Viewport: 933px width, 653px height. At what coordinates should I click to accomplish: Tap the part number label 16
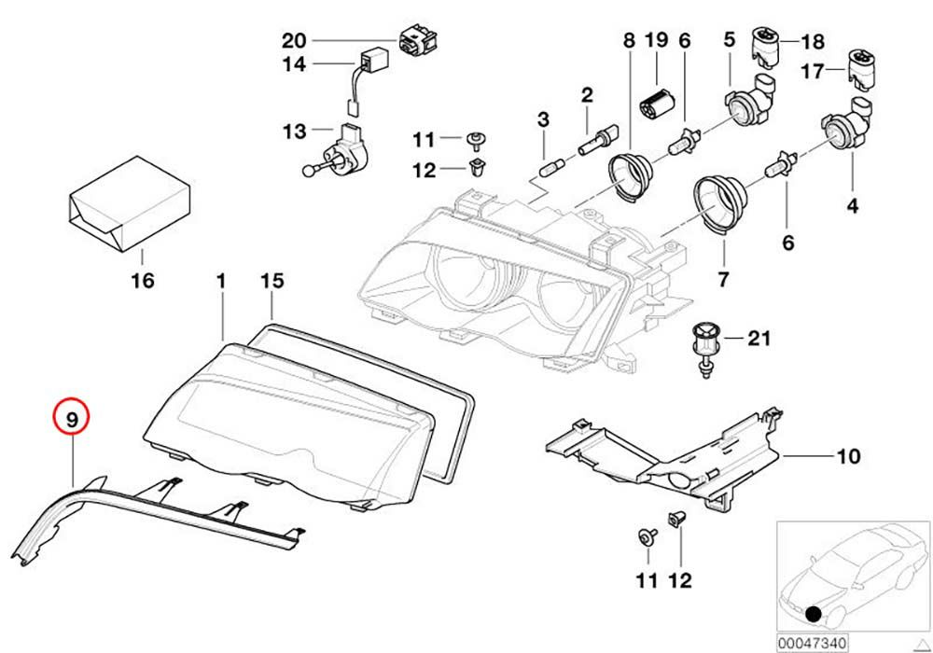pyautogui.click(x=143, y=280)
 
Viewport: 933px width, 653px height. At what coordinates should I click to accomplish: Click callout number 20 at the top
pyautogui.click(x=294, y=40)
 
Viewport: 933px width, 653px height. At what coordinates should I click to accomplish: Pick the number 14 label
pyautogui.click(x=294, y=64)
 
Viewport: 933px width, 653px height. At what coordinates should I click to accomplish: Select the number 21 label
pyautogui.click(x=759, y=338)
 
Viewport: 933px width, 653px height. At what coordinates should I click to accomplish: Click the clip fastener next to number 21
pyautogui.click(x=705, y=347)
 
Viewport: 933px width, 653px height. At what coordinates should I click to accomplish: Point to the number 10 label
pyautogui.click(x=848, y=457)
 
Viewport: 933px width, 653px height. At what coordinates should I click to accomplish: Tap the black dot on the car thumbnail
pyautogui.click(x=815, y=614)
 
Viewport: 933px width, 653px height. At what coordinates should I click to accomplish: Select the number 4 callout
pyautogui.click(x=852, y=205)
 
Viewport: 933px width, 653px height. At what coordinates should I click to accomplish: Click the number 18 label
pyautogui.click(x=813, y=41)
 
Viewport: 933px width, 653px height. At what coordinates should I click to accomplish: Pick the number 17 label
pyautogui.click(x=813, y=70)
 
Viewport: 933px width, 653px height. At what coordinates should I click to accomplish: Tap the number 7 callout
pyautogui.click(x=724, y=278)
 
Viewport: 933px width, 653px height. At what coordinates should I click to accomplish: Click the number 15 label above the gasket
pyautogui.click(x=271, y=280)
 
